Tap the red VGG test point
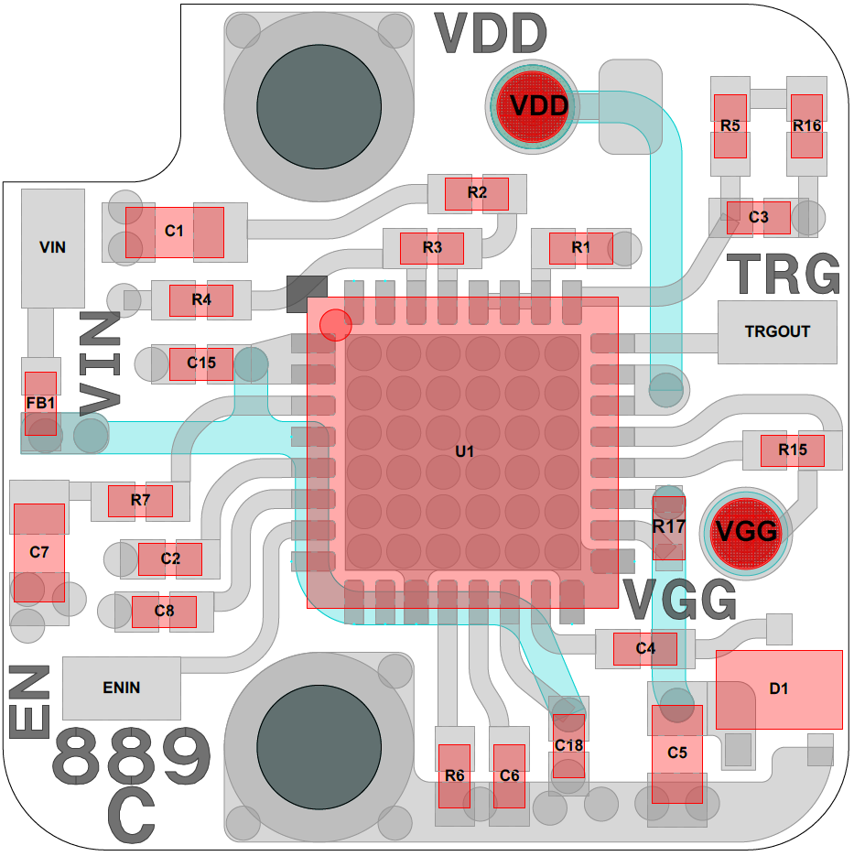click(747, 530)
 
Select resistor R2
click(477, 193)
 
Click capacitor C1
click(174, 232)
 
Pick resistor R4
click(201, 299)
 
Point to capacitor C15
click(201, 363)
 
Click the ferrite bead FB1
click(40, 403)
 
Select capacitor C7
click(38, 552)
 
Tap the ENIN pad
click(121, 688)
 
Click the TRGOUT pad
click(777, 331)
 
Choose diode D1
click(778, 688)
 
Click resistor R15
click(793, 450)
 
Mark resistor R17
click(668, 527)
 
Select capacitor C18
click(568, 745)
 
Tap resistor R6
click(454, 775)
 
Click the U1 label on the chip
click(465, 451)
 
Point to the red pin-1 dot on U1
click(335, 324)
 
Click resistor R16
click(806, 126)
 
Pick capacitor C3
click(758, 218)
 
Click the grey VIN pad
click(53, 247)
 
